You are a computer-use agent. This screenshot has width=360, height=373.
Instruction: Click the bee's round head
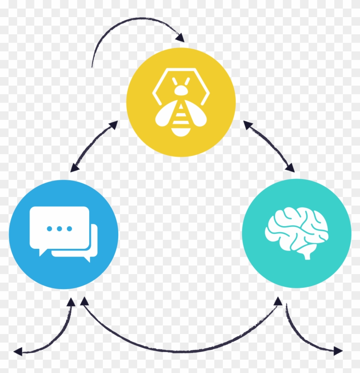point(181,90)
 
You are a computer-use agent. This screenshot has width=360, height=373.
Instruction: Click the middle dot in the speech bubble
point(60,228)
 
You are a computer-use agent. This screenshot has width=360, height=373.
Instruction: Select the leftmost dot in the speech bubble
point(50,228)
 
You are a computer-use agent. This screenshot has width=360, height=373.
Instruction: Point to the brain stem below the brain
point(306,255)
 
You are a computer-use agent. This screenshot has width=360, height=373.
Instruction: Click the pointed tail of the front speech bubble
point(42,253)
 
